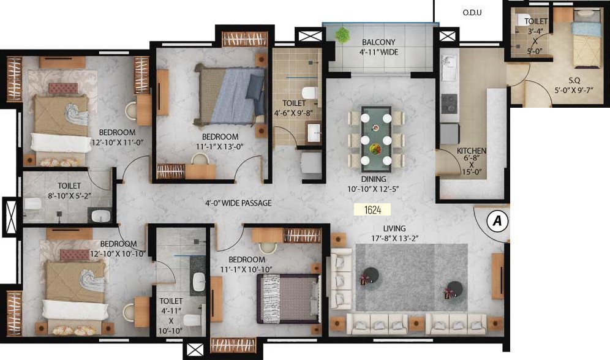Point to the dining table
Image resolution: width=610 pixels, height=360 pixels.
pos(376,138)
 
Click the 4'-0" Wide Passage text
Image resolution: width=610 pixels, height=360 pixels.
pos(238,203)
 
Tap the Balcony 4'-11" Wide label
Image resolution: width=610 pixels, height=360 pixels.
pos(380,47)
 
